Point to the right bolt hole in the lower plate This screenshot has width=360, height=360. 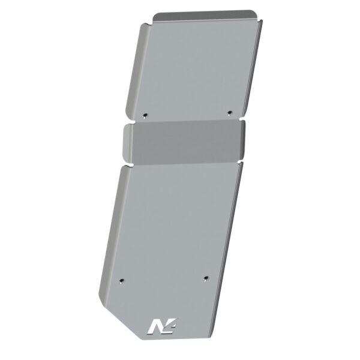point(205,278)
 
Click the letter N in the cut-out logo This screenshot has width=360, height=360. point(155,325)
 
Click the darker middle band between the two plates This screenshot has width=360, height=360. point(186,144)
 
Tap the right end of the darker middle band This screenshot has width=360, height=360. point(242,141)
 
